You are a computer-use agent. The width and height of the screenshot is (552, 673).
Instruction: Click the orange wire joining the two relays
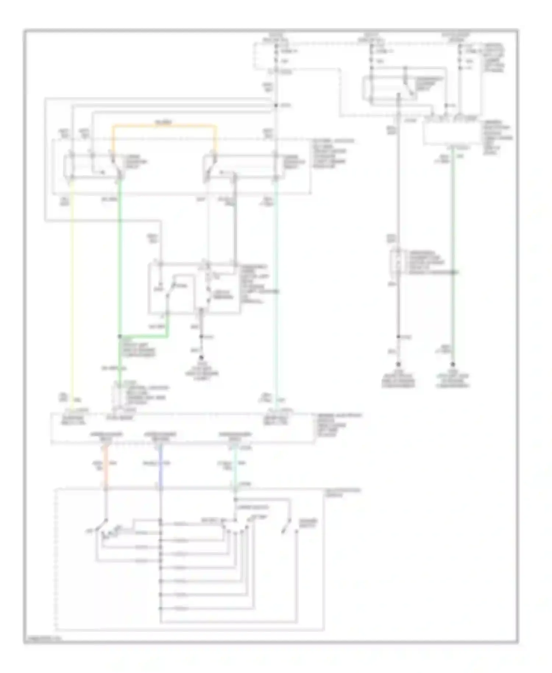(164, 126)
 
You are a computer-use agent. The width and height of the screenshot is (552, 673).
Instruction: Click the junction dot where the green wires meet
(120, 336)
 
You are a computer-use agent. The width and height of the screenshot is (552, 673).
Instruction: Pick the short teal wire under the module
(236, 466)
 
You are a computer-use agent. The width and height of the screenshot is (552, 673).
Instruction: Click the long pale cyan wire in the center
(276, 295)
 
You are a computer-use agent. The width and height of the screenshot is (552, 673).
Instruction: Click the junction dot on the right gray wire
(398, 336)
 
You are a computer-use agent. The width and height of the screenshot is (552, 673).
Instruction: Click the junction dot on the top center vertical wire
(276, 106)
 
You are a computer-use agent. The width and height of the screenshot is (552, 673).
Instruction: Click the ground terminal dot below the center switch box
(201, 357)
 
